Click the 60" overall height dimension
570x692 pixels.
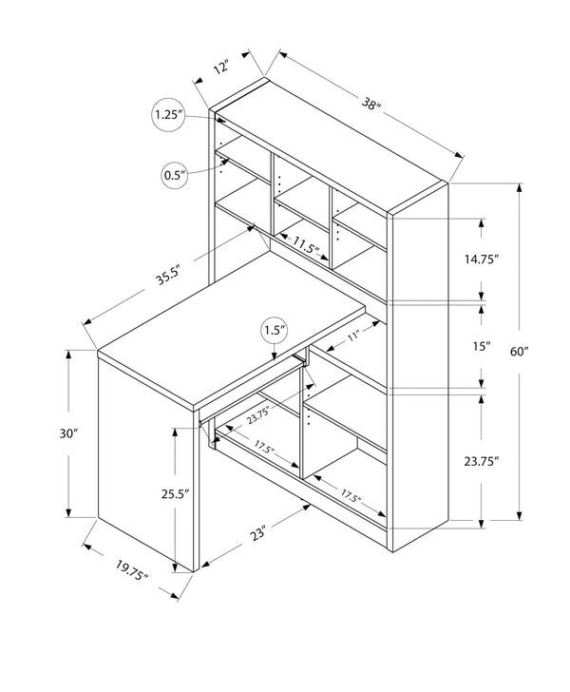519,352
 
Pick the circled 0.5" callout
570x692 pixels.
175,175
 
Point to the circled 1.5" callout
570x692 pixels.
275,332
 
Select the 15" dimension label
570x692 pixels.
481,346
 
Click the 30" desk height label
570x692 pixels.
66,433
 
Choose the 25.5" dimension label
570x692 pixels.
175,494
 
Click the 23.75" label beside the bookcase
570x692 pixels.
482,460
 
